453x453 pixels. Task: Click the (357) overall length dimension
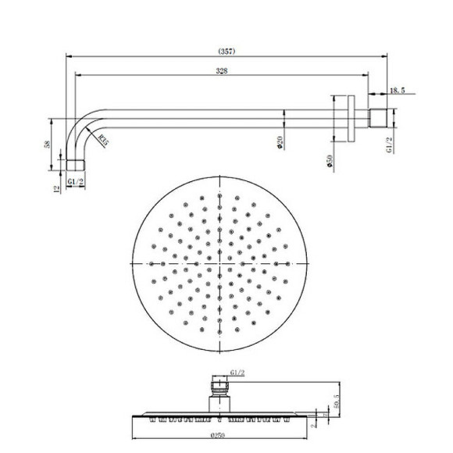click(227, 52)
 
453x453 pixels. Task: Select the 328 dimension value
click(222, 71)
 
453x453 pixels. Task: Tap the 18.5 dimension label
click(398, 91)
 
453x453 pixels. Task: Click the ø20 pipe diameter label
click(279, 143)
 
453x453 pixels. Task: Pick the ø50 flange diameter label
click(332, 162)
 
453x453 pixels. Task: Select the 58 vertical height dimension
click(48, 144)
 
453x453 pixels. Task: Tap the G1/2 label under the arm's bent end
click(76, 182)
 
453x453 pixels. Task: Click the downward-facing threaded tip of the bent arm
click(75, 166)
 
